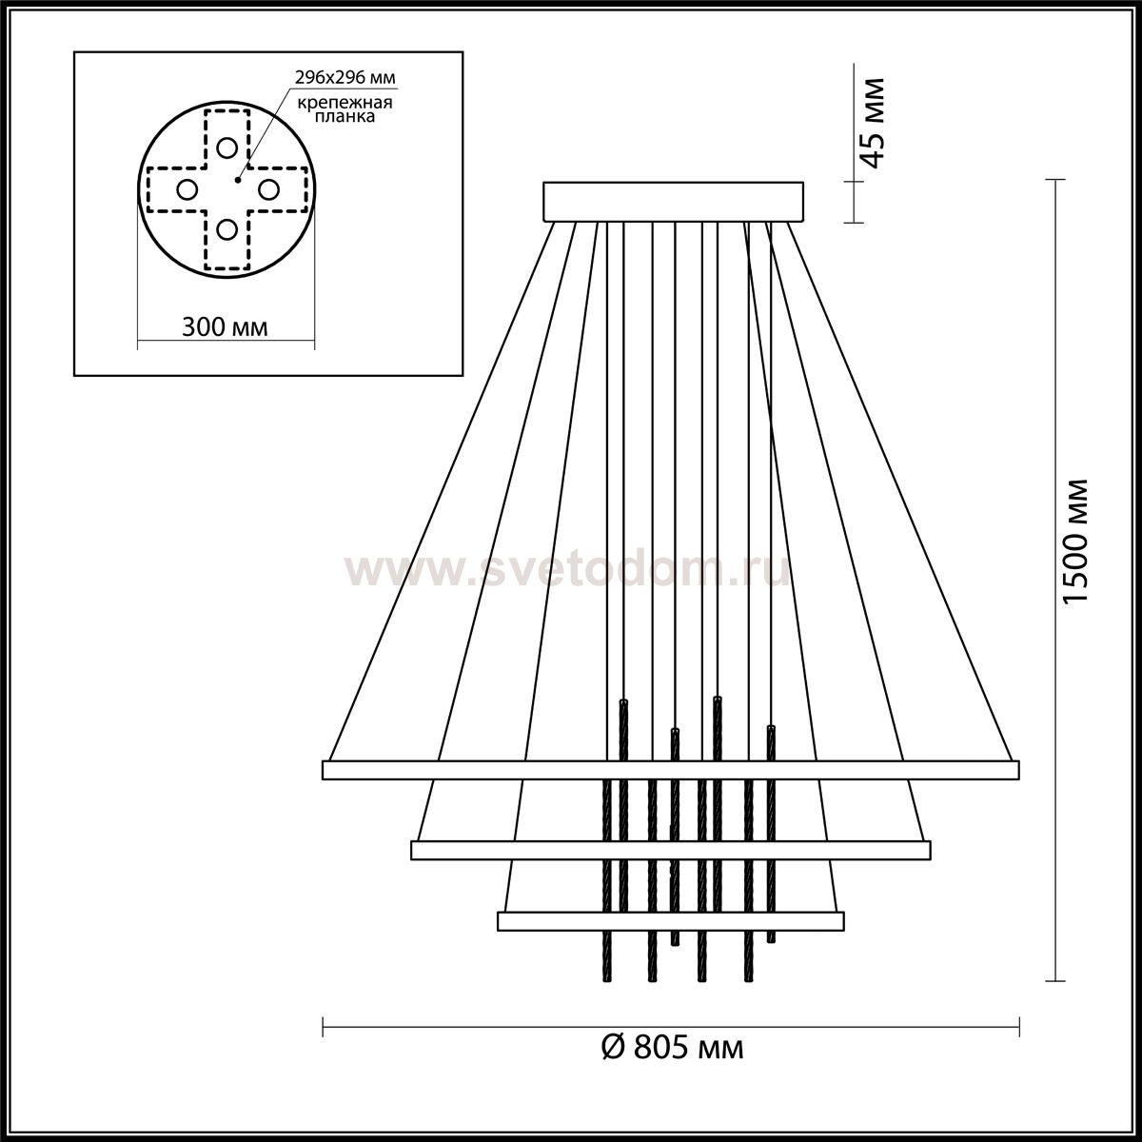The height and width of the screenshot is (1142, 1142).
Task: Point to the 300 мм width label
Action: point(225,326)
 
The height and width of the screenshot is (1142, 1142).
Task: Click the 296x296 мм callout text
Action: point(345,78)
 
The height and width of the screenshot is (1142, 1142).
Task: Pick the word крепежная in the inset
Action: point(345,103)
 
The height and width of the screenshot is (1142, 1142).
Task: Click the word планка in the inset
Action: point(345,116)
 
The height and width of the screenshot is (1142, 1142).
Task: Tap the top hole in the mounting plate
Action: point(227,147)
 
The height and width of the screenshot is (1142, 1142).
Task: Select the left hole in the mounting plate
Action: point(187,189)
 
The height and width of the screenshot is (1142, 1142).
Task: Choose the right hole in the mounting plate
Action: point(267,189)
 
